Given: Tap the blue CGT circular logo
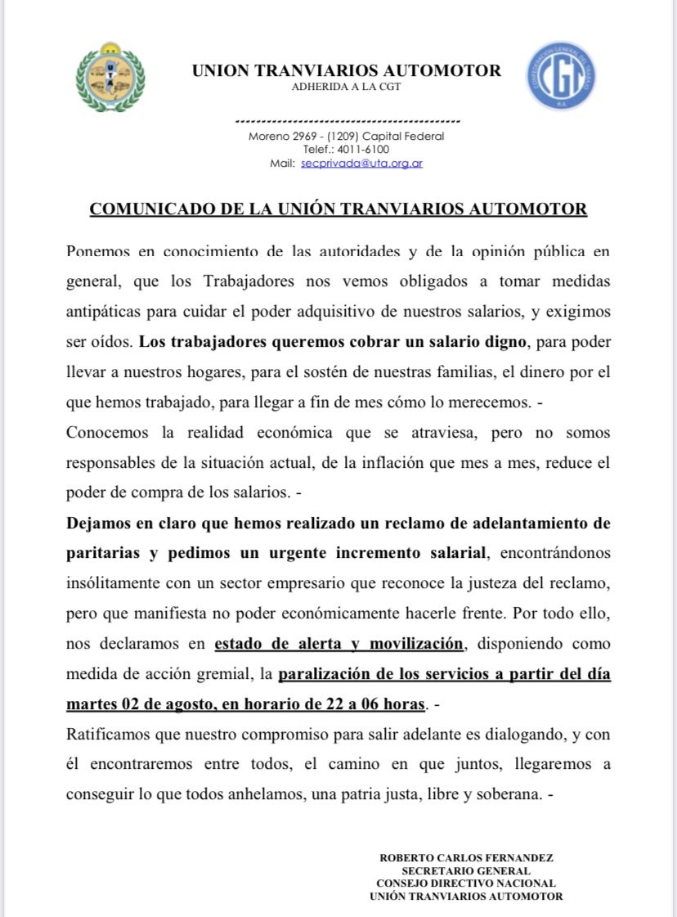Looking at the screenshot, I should click(561, 77).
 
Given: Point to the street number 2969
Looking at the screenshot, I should click(307, 137).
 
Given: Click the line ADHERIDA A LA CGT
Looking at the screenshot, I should click(346, 87).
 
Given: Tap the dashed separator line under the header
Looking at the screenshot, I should click(347, 121).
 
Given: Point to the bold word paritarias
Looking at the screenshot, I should click(103, 553).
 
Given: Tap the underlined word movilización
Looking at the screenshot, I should click(416, 644).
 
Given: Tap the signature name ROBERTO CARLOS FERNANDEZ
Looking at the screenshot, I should click(466, 858).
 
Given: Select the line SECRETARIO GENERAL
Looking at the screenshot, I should click(466, 870).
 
